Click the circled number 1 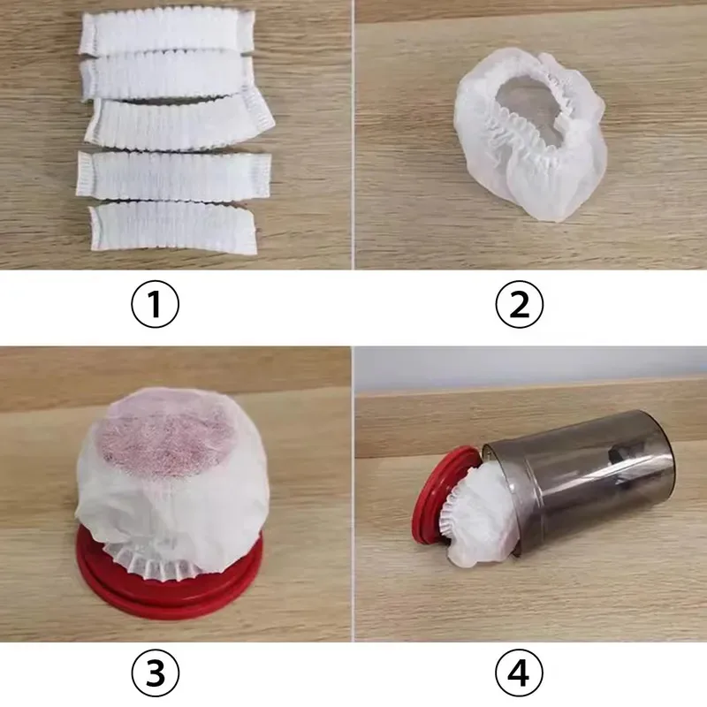pyautogui.click(x=155, y=305)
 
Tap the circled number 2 pyautogui.click(x=519, y=305)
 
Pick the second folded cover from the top pyautogui.click(x=163, y=78)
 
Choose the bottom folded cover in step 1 pyautogui.click(x=172, y=226)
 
